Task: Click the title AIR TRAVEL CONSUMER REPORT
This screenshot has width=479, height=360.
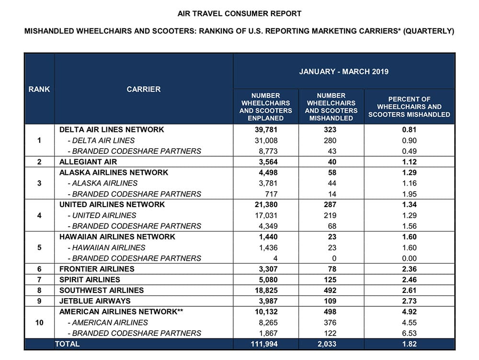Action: click(x=239, y=13)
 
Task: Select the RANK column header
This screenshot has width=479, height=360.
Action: click(x=39, y=89)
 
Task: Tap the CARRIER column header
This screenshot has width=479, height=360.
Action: click(x=144, y=89)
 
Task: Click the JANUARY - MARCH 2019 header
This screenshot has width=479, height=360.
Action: click(x=343, y=71)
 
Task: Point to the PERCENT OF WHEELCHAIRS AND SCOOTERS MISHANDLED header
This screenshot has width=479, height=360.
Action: click(x=410, y=107)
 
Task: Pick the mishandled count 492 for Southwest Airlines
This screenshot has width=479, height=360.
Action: click(x=331, y=290)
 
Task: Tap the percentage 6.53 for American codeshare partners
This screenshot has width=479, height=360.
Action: click(x=410, y=333)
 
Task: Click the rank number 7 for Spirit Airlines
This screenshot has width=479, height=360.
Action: click(x=39, y=279)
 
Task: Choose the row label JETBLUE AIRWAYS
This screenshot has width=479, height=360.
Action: click(x=95, y=301)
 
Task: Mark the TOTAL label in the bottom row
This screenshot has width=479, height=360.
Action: click(x=67, y=344)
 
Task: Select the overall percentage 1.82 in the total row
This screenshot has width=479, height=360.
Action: click(x=410, y=344)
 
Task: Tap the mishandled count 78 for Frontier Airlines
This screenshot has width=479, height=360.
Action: click(x=331, y=269)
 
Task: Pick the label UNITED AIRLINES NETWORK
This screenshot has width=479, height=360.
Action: click(x=112, y=205)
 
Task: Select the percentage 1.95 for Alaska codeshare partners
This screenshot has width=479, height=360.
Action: click(x=410, y=194)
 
